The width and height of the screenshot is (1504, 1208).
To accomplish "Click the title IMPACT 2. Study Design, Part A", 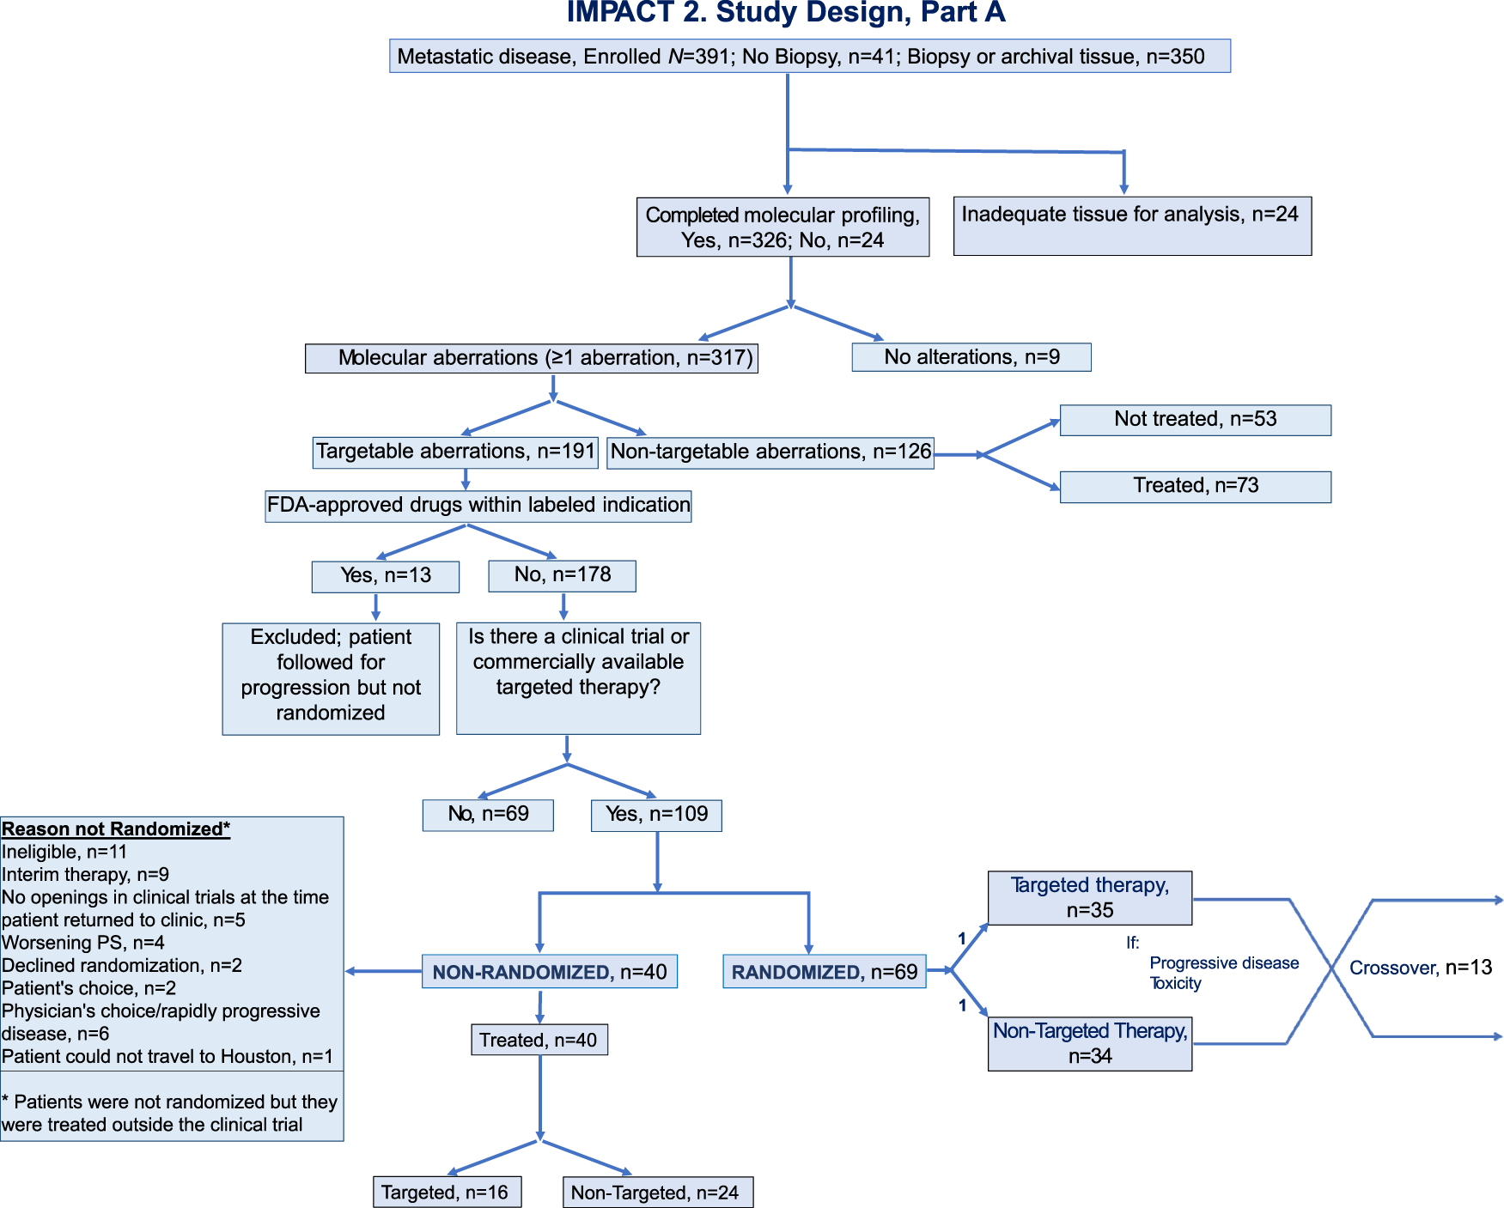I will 785,13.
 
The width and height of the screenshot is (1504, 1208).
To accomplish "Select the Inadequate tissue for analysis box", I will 1131,226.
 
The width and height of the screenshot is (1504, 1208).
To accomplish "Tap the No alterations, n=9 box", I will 971,357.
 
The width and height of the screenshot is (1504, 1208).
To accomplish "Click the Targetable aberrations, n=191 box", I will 455,452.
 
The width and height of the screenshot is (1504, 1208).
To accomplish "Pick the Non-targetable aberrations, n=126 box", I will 770,452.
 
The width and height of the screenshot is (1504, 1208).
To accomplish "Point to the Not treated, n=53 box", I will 1195,420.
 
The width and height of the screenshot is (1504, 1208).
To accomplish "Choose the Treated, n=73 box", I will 1195,486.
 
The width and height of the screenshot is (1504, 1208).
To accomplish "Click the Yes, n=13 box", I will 385,576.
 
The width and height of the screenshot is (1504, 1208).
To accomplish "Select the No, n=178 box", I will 562,575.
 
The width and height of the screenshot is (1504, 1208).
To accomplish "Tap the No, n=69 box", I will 487,815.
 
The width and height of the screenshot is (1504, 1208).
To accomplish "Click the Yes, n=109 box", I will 656,815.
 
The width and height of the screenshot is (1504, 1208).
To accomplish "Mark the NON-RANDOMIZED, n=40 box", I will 549,972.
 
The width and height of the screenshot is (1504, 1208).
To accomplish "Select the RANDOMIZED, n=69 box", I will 824,972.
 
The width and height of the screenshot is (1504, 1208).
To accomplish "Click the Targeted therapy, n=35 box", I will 1089,898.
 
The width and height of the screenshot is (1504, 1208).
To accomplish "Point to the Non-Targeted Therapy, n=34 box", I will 1089,1043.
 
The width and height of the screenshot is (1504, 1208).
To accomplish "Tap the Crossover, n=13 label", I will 1420,968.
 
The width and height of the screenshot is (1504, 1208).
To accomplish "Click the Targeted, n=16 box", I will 446,1193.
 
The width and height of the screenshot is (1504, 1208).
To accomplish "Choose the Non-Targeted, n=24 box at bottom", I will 657,1193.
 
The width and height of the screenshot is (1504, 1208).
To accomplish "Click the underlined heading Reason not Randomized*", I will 116,829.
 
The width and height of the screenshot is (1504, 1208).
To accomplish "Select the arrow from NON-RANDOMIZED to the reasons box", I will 383,971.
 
